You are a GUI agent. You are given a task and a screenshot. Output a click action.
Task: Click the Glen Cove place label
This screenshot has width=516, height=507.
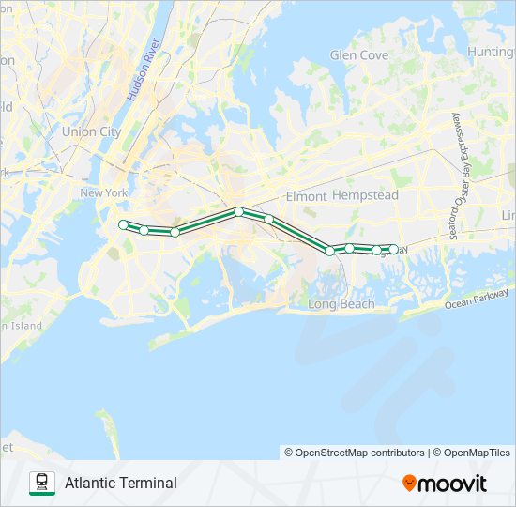(x=359, y=55)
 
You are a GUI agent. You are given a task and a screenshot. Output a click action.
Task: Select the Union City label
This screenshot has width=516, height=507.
(x=91, y=132)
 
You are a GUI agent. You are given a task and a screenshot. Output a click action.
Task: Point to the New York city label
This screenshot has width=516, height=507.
(x=103, y=193)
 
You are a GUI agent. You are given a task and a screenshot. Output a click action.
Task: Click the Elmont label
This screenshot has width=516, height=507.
(x=305, y=196)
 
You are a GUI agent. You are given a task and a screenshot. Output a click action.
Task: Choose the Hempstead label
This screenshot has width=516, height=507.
(x=366, y=195)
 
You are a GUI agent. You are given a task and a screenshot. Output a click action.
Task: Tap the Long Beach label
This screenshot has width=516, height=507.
(x=341, y=304)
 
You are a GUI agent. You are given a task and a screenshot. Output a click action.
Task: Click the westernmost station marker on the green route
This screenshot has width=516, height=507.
(x=123, y=224)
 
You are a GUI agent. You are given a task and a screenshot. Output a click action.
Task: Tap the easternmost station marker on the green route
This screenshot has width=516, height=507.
(x=393, y=250)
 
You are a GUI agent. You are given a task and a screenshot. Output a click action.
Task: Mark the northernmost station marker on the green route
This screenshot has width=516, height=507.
(x=239, y=212)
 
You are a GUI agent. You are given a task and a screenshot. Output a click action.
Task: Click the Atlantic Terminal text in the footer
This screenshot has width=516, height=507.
(x=121, y=484)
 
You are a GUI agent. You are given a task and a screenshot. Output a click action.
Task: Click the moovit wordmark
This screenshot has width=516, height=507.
(x=451, y=484)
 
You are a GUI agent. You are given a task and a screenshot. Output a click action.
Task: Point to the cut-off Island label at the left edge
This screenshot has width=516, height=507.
(x=21, y=325)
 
